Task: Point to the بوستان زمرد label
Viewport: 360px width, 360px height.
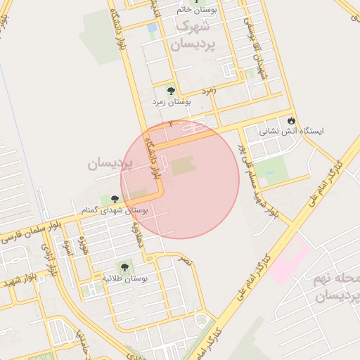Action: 172,103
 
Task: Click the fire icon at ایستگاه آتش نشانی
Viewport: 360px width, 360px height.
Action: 291,120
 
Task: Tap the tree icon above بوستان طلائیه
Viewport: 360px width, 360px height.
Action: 124,267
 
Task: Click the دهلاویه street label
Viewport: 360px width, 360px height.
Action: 139,234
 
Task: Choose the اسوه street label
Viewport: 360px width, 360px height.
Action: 68,247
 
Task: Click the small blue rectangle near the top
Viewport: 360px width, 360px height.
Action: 153,27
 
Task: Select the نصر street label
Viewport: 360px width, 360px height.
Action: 185,260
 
